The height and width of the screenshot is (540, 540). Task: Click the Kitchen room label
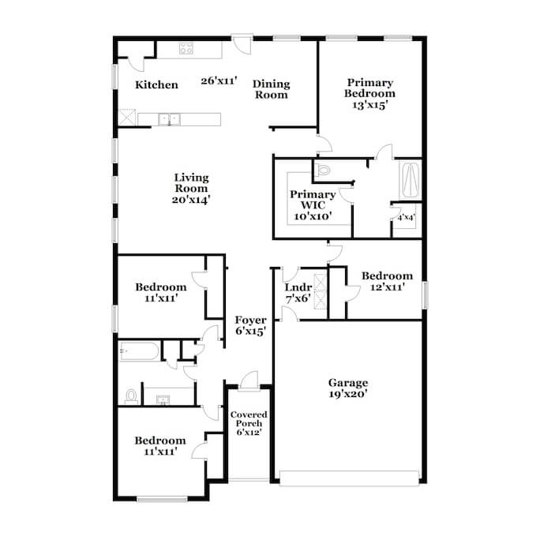point(156,84)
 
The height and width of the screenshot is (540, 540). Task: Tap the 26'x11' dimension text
point(219,81)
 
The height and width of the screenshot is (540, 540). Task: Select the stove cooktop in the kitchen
point(186,49)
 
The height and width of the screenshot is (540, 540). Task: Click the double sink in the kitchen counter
point(169,119)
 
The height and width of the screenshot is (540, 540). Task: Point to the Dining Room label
point(272,89)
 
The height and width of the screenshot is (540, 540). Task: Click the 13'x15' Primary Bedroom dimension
point(370,105)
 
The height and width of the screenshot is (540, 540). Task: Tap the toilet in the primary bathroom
point(323,170)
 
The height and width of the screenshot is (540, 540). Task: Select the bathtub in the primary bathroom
point(411,180)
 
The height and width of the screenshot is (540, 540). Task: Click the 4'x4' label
point(407,218)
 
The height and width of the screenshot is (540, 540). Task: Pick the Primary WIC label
point(313,200)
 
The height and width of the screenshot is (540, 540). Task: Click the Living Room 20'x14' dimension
point(191,200)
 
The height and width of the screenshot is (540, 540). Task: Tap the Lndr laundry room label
point(298,287)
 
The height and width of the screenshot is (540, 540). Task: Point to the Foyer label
point(250,321)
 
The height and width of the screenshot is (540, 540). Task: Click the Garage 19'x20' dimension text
point(348,394)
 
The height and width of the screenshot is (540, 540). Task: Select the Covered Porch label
point(249,418)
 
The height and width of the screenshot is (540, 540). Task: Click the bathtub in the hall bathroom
point(139,351)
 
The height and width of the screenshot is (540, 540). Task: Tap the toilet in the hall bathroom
point(131,397)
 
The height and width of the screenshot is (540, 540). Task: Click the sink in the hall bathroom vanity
point(163,399)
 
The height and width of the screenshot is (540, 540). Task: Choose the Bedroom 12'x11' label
point(388,281)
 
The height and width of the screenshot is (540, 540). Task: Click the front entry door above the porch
point(249,381)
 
